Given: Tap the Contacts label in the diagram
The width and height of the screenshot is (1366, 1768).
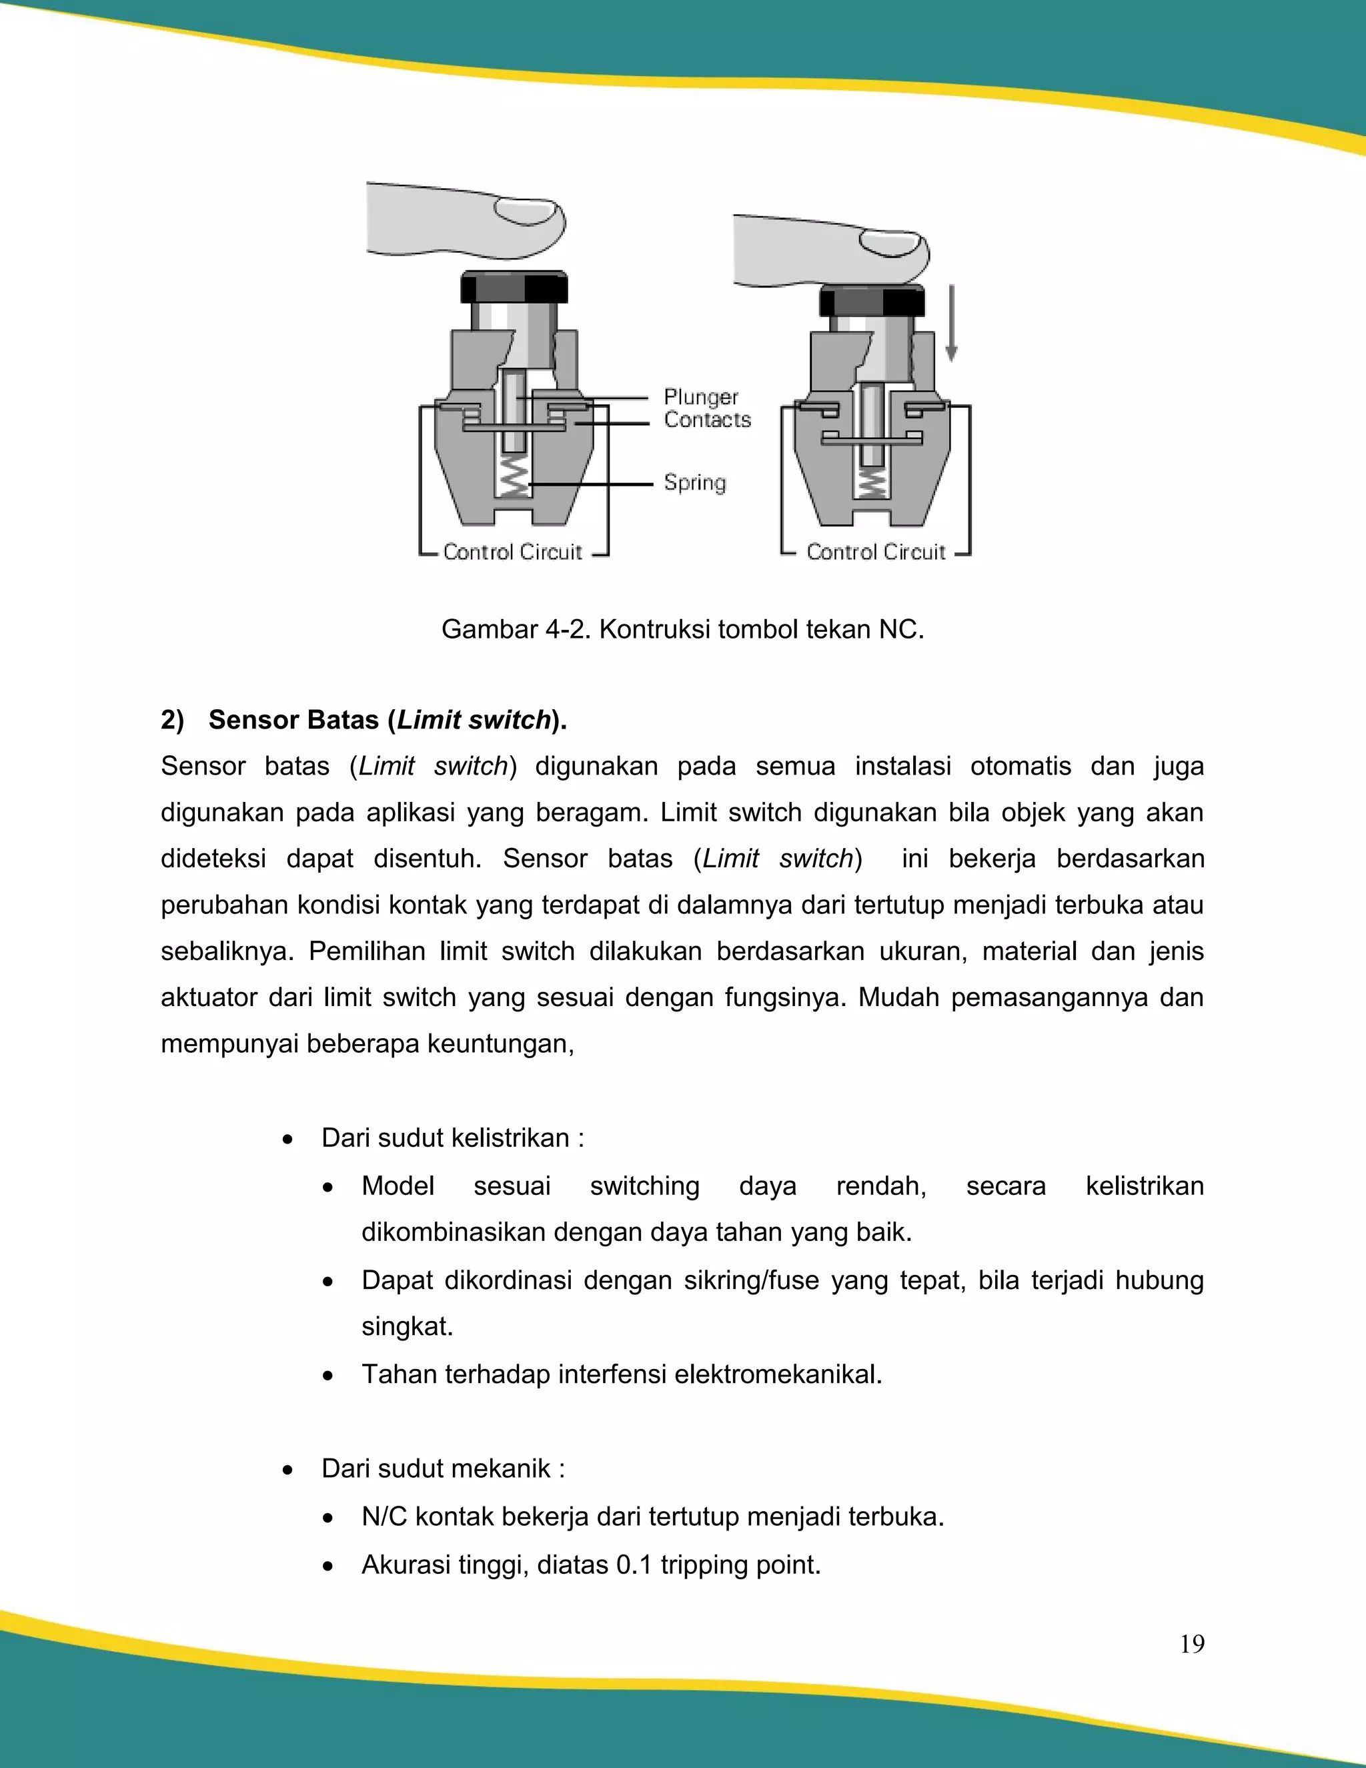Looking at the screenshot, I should (706, 420).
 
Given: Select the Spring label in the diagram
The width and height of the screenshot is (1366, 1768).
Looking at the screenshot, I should (694, 482).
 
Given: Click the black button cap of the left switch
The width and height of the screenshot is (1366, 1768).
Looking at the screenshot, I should (514, 288).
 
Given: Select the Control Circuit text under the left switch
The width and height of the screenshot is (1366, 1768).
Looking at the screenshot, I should (512, 552).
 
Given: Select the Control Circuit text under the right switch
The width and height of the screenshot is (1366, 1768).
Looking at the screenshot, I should (876, 552).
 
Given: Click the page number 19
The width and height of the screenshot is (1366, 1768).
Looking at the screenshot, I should (1191, 1644).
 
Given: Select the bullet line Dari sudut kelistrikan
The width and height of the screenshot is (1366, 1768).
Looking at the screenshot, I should (452, 1138).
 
